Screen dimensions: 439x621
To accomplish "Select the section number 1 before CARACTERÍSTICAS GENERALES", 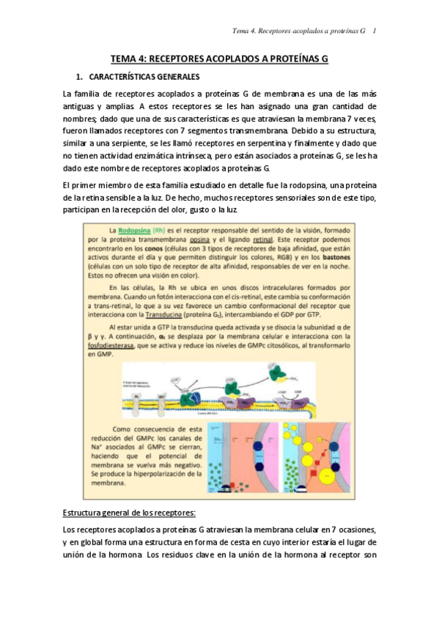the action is tap(78, 76).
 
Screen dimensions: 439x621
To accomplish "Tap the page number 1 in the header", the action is tap(375, 31).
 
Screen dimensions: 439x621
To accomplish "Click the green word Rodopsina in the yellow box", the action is tap(130, 229).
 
